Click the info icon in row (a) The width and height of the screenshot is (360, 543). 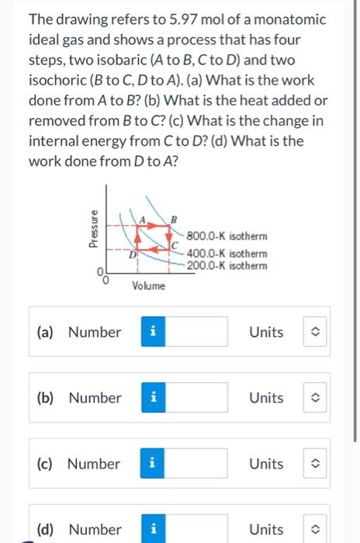tap(153, 332)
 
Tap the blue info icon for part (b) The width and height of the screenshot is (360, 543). tap(153, 398)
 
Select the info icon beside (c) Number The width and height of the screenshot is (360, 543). tap(153, 464)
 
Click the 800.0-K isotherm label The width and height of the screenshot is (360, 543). tap(227, 236)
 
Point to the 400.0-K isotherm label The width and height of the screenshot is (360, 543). tap(227, 254)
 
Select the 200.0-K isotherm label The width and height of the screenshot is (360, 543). tap(227, 265)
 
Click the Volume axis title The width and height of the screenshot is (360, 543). tap(147, 286)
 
